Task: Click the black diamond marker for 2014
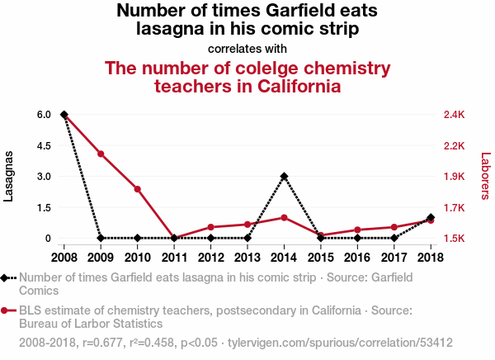coord(284,176)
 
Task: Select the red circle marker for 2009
coord(101,154)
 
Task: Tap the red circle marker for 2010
coord(137,189)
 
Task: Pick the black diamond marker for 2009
coord(101,238)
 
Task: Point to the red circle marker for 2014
coord(284,217)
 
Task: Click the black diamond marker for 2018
coord(431,217)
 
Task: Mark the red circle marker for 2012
coord(211,227)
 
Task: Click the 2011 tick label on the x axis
coord(174,258)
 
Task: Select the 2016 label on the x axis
coord(357,258)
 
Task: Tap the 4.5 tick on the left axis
coord(44,145)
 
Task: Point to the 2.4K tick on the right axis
coord(455,115)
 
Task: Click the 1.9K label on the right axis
coord(455,176)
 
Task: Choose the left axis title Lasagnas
coord(8,176)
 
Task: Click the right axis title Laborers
coord(486,176)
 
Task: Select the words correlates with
coord(247,49)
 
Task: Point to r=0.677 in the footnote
coord(102,343)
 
